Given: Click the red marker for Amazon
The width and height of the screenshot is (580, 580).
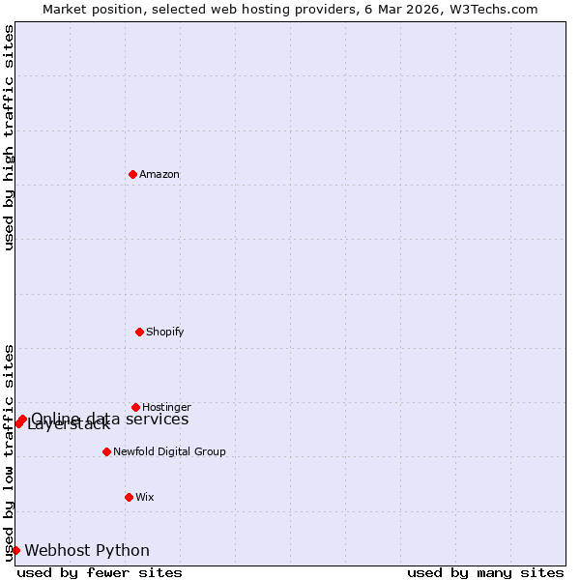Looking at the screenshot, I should [x=133, y=174].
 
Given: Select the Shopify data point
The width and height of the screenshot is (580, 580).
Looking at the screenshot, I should [x=140, y=332].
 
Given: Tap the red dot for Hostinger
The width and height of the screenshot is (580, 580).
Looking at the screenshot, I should [x=136, y=407].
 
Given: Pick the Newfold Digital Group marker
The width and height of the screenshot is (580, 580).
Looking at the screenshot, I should [x=107, y=451].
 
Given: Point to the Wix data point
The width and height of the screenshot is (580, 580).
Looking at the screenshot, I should [x=130, y=497].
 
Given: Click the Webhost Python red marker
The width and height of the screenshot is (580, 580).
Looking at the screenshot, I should [x=15, y=550].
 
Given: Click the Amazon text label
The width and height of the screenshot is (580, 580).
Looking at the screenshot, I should [x=159, y=175].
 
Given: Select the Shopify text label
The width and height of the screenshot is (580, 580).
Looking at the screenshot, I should [x=165, y=333].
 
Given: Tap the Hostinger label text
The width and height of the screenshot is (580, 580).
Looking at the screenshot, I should [x=166, y=408].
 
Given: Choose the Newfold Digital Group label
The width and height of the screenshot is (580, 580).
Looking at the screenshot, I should [x=169, y=452].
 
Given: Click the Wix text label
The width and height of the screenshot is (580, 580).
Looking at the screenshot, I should [x=145, y=498].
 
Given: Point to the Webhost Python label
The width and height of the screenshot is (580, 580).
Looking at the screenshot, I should [x=87, y=551].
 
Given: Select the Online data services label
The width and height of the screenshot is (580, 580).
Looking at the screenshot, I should [x=110, y=419].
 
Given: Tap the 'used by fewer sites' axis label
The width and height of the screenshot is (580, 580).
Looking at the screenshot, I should [x=100, y=572].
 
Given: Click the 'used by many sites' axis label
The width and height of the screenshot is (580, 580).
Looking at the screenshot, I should [x=485, y=572].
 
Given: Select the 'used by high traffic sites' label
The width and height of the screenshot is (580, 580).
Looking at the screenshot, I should [x=9, y=137].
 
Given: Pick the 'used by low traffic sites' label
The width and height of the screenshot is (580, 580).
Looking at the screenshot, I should [x=9, y=452].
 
